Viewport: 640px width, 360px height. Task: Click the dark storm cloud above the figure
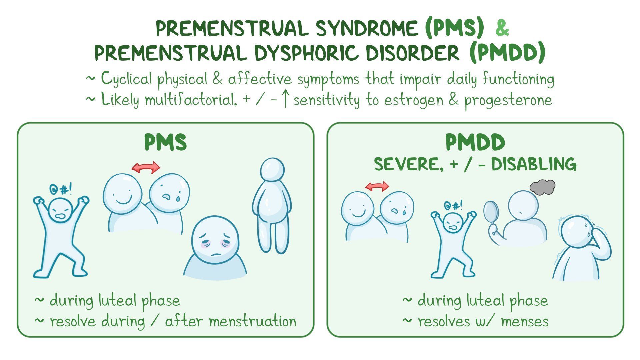click(x=542, y=187)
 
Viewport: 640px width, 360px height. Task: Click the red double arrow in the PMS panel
click(x=146, y=167)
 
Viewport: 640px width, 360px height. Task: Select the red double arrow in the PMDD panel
click(x=377, y=186)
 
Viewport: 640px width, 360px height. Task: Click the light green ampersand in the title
click(x=502, y=28)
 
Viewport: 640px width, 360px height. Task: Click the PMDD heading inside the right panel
click(x=475, y=142)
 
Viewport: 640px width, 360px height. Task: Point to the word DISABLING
click(x=534, y=164)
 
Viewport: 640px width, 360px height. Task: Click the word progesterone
click(x=509, y=100)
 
